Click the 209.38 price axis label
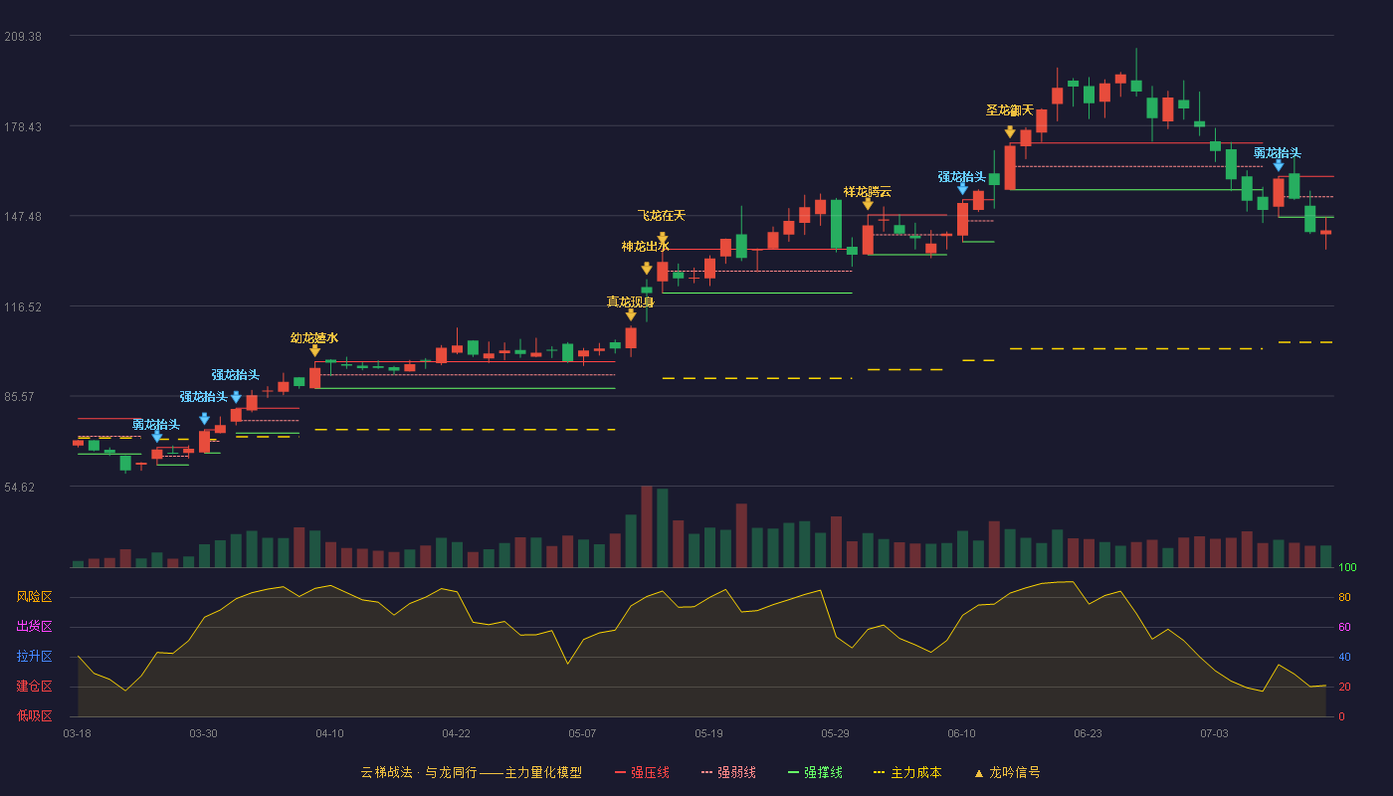coord(23,37)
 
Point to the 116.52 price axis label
coord(23,307)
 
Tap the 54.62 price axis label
coord(19,487)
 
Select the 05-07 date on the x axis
coord(582,734)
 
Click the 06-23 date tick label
coord(1088,734)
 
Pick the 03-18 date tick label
coord(78,734)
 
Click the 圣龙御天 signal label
coord(1009,110)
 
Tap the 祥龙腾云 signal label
coord(867,191)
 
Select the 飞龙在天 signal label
coord(661,215)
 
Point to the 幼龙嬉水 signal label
coord(314,337)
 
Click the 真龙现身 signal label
coord(630,301)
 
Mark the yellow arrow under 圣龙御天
coord(1010,131)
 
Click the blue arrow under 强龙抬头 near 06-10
coord(963,189)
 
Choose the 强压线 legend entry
coord(642,772)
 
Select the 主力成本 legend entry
coord(907,772)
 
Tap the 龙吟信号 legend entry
coord(1007,772)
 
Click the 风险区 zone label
coord(34,596)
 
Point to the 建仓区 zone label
coord(34,686)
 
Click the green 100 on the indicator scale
coord(1347,567)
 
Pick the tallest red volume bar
coord(647,526)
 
